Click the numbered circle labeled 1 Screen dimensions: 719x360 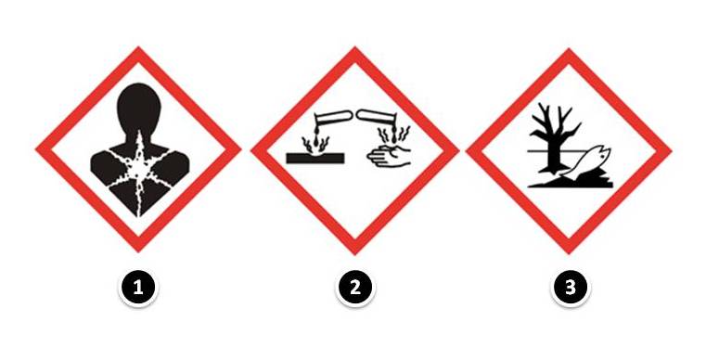[x=138, y=288]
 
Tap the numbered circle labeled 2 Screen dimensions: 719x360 [x=355, y=288]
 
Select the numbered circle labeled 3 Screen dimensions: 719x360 [x=570, y=288]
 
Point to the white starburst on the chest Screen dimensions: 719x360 [x=138, y=171]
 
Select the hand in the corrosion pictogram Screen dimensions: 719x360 [x=390, y=157]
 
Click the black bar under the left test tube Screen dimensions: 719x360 [x=315, y=159]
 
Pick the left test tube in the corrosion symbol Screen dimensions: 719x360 [x=332, y=117]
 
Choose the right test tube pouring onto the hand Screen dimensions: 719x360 [x=376, y=117]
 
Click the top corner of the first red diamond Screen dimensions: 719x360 [x=138, y=47]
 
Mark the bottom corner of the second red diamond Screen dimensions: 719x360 [x=355, y=253]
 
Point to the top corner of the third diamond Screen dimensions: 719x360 [x=569, y=48]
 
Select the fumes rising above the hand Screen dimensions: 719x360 [x=393, y=135]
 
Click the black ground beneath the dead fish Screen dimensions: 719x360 [x=571, y=183]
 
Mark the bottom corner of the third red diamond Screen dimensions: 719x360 [x=569, y=253]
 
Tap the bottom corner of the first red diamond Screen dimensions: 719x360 [x=138, y=251]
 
